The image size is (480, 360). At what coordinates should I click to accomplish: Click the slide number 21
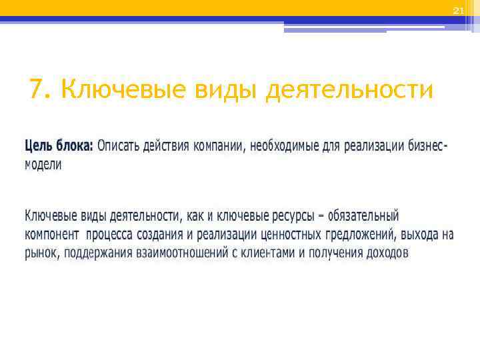click(457, 11)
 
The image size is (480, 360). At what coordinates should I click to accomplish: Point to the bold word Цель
click(39, 145)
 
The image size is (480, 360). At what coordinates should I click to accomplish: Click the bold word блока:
click(75, 145)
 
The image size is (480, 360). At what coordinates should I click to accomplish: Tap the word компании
click(219, 145)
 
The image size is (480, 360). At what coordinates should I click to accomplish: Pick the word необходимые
click(288, 145)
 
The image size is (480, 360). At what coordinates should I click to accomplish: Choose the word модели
click(43, 165)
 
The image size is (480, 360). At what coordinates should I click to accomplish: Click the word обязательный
click(363, 216)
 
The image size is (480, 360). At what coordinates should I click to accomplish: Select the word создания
click(161, 235)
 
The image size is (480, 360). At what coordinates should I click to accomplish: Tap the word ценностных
click(290, 235)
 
